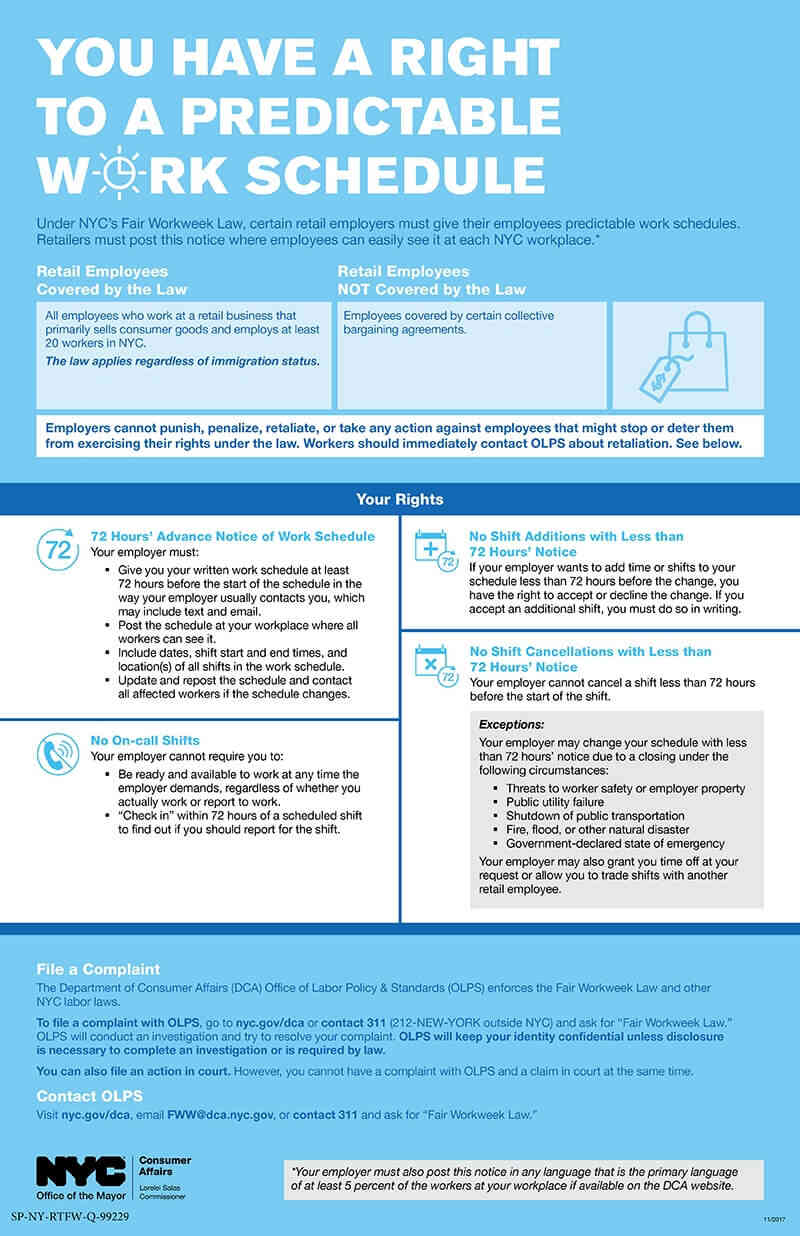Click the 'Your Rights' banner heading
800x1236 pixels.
coord(400,499)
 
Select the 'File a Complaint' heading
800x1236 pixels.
coord(98,969)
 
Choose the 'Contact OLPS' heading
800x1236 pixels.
coord(89,1095)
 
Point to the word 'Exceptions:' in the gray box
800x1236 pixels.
coord(513,724)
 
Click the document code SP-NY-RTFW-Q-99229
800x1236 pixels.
coord(70,1217)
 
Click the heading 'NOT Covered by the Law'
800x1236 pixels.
coord(431,289)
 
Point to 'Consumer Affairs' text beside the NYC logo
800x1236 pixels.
coord(164,1167)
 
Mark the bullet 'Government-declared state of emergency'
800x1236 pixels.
coord(615,844)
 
